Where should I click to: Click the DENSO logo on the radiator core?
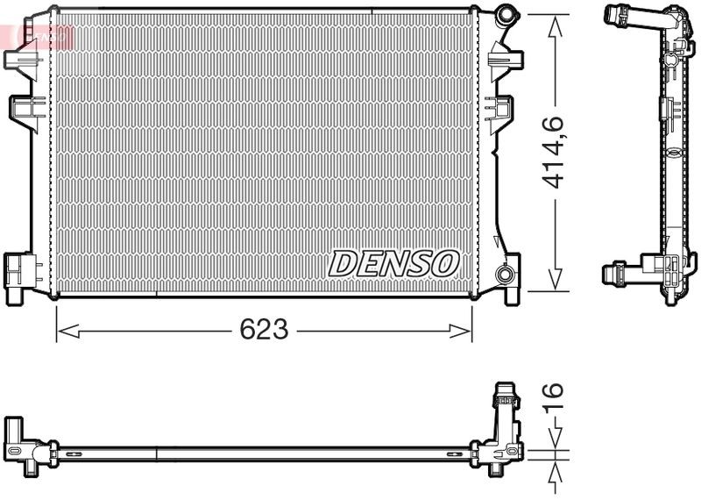click(393, 262)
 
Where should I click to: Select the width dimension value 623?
click(264, 330)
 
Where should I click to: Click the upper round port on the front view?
click(505, 16)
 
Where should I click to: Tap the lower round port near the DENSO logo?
click(505, 274)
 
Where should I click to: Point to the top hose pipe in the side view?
click(634, 15)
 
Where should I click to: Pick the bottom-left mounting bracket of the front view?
click(18, 275)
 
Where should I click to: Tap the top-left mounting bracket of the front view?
click(19, 57)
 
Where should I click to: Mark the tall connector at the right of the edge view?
click(506, 417)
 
